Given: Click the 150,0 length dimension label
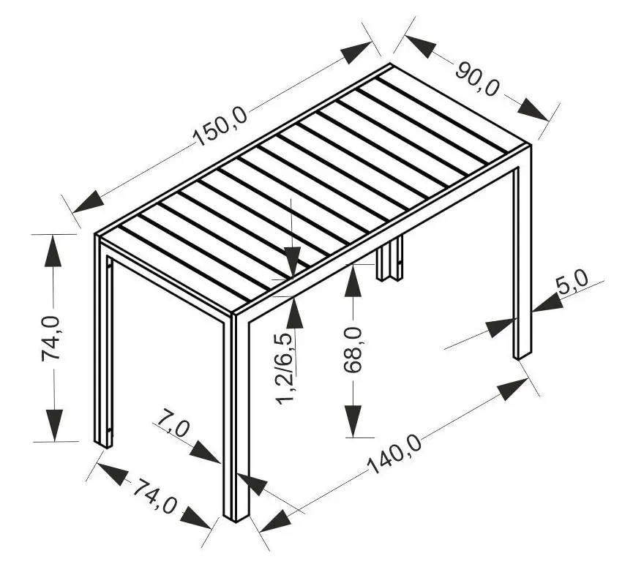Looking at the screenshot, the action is click(x=220, y=126).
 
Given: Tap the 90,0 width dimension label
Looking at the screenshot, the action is click(x=477, y=79).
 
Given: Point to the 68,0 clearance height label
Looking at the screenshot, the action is click(x=353, y=350).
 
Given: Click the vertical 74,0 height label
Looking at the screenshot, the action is click(x=51, y=338).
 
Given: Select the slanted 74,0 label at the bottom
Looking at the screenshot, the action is click(x=155, y=495).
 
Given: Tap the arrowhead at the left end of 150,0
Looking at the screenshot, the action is click(x=88, y=202).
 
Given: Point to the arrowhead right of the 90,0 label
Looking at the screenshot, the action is click(x=533, y=109).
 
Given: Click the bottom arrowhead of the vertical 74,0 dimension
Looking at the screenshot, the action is click(x=54, y=426).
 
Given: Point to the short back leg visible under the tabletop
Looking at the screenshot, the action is click(x=389, y=258).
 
